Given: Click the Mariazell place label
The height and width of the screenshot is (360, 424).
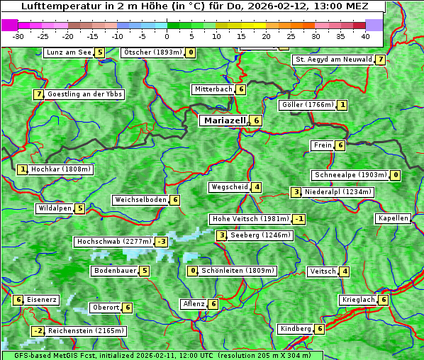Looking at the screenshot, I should coord(224,120).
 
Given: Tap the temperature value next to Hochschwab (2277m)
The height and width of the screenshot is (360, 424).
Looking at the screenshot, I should coord(162,242).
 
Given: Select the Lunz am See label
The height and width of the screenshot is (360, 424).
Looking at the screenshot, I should coord(69,52).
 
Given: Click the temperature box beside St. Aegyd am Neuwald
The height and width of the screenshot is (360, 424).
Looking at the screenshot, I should coord(381,60).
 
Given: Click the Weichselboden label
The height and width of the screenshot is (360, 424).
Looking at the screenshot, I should coord(140,200).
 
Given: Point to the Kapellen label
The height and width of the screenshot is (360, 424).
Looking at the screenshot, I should coord(393,218).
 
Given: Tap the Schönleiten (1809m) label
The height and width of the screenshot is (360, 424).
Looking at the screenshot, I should coord(238,271).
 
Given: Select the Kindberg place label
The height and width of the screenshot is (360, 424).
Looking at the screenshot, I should coord(295,329).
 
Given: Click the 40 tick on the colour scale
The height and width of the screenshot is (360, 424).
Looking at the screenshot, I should coord(364,35).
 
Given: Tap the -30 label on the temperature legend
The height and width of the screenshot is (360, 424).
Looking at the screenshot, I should coord(18,35).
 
